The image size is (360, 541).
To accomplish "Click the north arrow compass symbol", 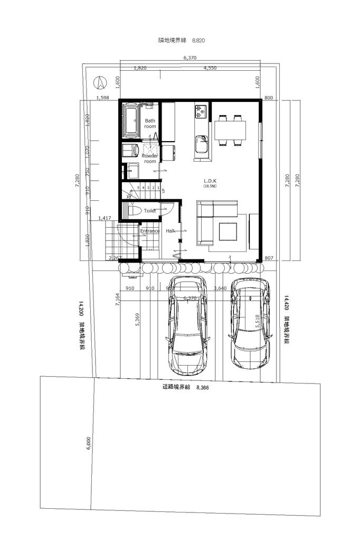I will point(99,82).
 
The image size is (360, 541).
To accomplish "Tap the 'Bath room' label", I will point(150,124).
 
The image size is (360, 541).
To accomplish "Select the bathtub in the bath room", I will point(131,119).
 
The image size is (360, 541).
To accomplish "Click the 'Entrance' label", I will point(150,231).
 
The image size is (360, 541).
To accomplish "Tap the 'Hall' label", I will point(170,231).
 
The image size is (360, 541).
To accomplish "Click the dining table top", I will point(230,129).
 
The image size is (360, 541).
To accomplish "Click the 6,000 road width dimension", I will point(89,443).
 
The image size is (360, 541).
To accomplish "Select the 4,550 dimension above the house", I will point(210,68).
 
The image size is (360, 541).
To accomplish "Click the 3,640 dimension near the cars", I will point(221,288).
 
